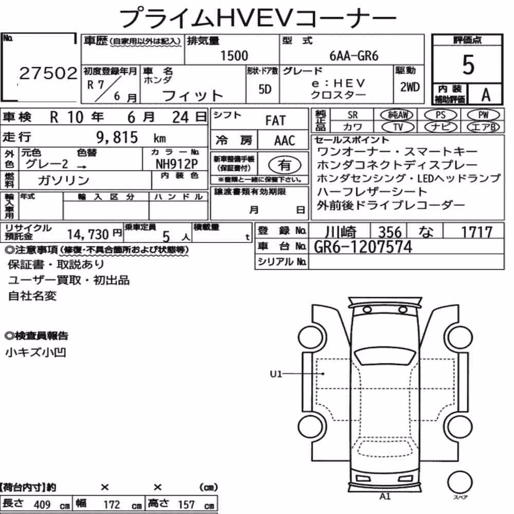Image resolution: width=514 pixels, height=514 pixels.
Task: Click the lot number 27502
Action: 48,73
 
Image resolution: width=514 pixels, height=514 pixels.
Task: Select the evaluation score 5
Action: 468,65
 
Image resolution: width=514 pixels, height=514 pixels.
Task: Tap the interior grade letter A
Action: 486,95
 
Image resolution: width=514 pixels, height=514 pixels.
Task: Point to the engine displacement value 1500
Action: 234,56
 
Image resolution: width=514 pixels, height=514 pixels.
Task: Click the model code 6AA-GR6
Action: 354,56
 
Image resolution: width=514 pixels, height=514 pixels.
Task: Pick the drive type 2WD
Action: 410,87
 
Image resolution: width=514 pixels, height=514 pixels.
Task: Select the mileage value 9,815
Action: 117,137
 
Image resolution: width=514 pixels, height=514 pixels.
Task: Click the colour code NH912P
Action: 177,163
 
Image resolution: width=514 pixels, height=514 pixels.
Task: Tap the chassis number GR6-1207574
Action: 363,247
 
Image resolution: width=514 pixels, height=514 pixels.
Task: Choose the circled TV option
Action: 398,127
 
